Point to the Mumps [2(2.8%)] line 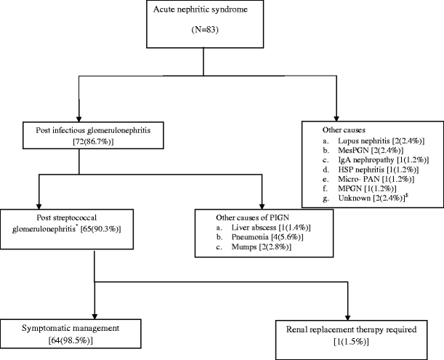tap(255, 249)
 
